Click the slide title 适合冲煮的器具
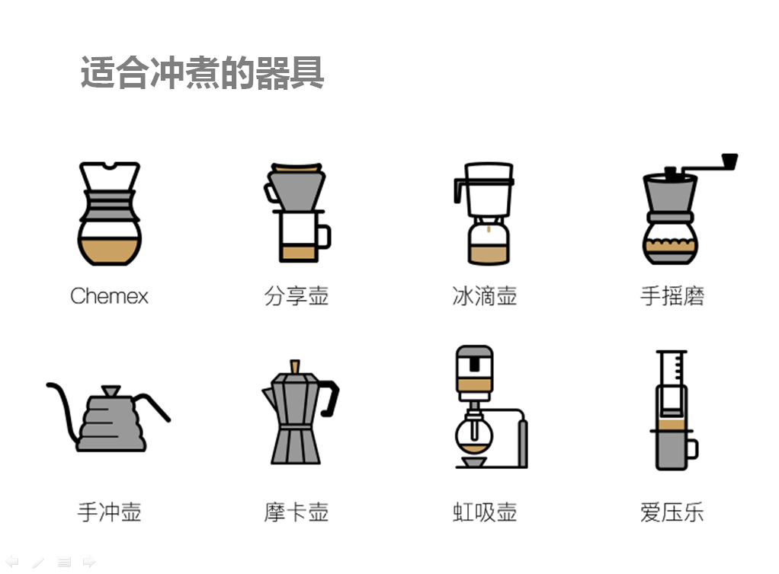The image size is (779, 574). point(202,72)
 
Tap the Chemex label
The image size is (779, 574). point(109,296)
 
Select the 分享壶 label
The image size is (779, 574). point(297,296)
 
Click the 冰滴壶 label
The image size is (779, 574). point(484,296)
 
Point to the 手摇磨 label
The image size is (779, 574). point(672,296)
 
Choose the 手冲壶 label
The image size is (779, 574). point(109,512)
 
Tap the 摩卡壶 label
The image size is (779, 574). point(297,512)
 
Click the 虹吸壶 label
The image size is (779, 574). point(484,512)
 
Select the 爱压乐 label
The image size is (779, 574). point(672,512)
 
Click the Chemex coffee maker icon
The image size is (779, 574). point(110,213)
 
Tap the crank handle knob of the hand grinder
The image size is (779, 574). point(729,161)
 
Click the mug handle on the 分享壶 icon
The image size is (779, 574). point(324,237)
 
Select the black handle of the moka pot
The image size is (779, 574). point(329,398)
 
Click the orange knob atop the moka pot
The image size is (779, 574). point(295,367)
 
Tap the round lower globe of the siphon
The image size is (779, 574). point(474,435)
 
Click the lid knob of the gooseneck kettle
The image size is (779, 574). point(111,391)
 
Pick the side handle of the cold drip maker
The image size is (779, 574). point(460,191)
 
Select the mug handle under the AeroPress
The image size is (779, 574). point(693,449)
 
